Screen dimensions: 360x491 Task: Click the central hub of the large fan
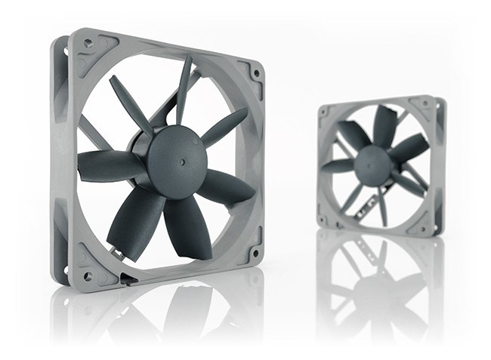click(174, 155)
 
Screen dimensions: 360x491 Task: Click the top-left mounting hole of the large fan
click(90, 45)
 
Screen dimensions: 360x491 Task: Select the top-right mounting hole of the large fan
click(256, 74)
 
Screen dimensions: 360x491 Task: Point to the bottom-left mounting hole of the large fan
click(88, 276)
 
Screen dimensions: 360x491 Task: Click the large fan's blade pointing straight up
click(184, 90)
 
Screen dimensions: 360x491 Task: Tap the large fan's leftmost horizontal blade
click(107, 165)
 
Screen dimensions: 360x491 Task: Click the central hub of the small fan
click(372, 165)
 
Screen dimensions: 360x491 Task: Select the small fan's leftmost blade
click(338, 165)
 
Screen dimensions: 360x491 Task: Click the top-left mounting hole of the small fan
click(323, 112)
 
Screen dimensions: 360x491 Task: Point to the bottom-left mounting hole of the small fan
click(325, 219)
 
